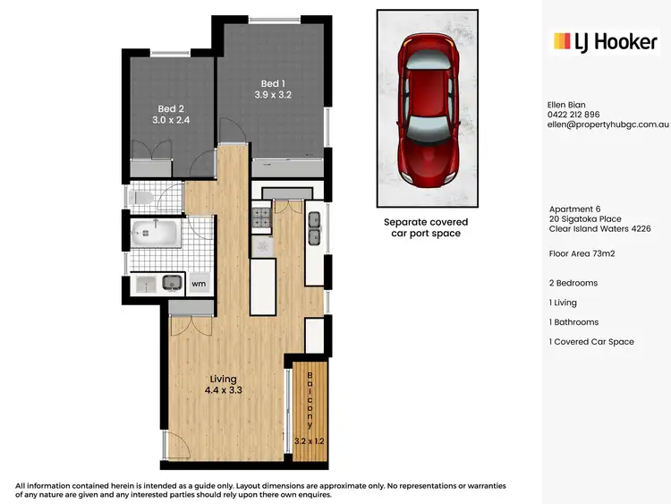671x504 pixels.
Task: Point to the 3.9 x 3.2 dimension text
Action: point(273,94)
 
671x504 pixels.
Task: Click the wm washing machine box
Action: point(200,284)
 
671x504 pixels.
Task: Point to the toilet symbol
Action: point(143,197)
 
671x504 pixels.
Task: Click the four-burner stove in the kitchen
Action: point(262,218)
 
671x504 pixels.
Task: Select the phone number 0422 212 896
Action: point(573,115)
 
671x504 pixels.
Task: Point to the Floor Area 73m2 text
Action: point(582,253)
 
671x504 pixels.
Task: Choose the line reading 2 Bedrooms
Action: point(573,283)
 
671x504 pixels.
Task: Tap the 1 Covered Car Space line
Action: point(592,342)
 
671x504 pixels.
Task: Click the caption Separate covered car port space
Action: point(426,227)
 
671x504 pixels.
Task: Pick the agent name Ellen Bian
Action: point(566,104)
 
